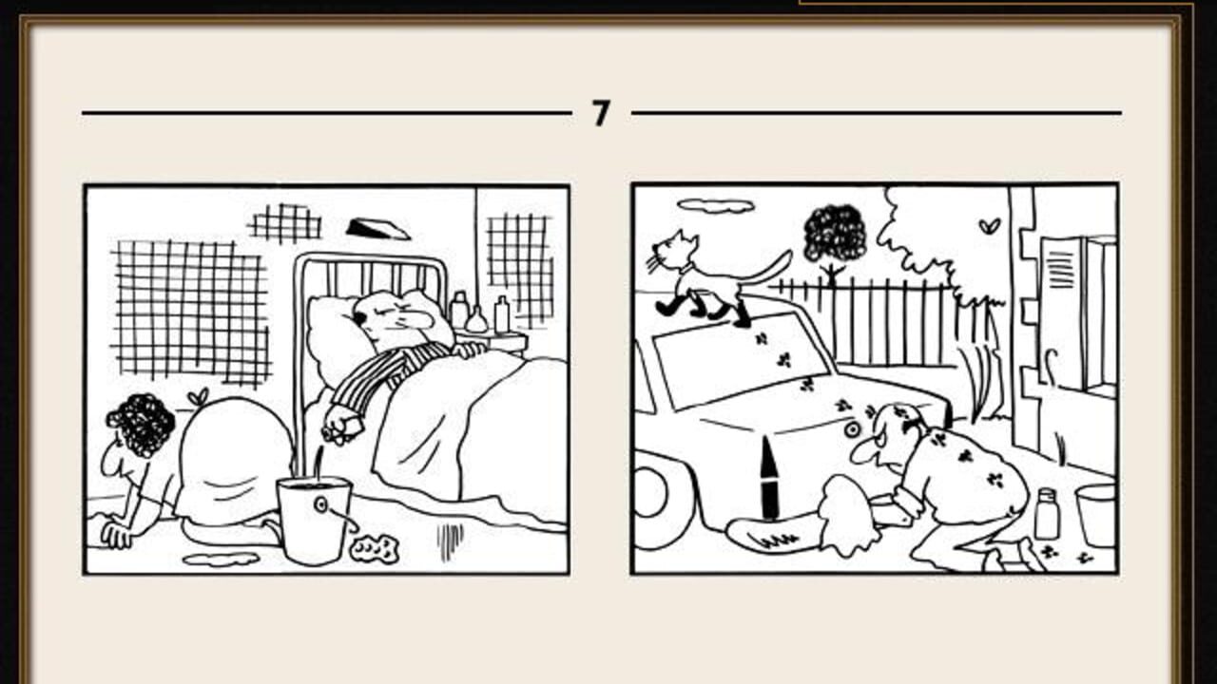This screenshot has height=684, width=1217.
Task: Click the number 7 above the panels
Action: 601,113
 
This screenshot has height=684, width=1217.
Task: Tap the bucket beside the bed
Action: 314,520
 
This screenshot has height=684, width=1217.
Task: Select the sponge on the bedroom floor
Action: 375,548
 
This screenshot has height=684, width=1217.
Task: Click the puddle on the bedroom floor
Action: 221,559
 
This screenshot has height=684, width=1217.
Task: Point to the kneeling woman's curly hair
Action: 141,425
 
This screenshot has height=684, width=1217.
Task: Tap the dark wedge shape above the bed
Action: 378,229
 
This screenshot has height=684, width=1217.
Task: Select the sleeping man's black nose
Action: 359,316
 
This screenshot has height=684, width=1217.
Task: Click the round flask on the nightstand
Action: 477,320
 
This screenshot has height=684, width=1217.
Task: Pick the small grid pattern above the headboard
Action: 284,223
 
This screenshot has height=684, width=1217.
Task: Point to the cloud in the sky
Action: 716,205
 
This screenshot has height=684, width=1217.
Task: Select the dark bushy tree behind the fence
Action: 835,234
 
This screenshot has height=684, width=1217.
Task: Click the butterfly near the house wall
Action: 990,225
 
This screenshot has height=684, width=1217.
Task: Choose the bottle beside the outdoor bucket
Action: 1047,514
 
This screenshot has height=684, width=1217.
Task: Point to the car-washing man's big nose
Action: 864,450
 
